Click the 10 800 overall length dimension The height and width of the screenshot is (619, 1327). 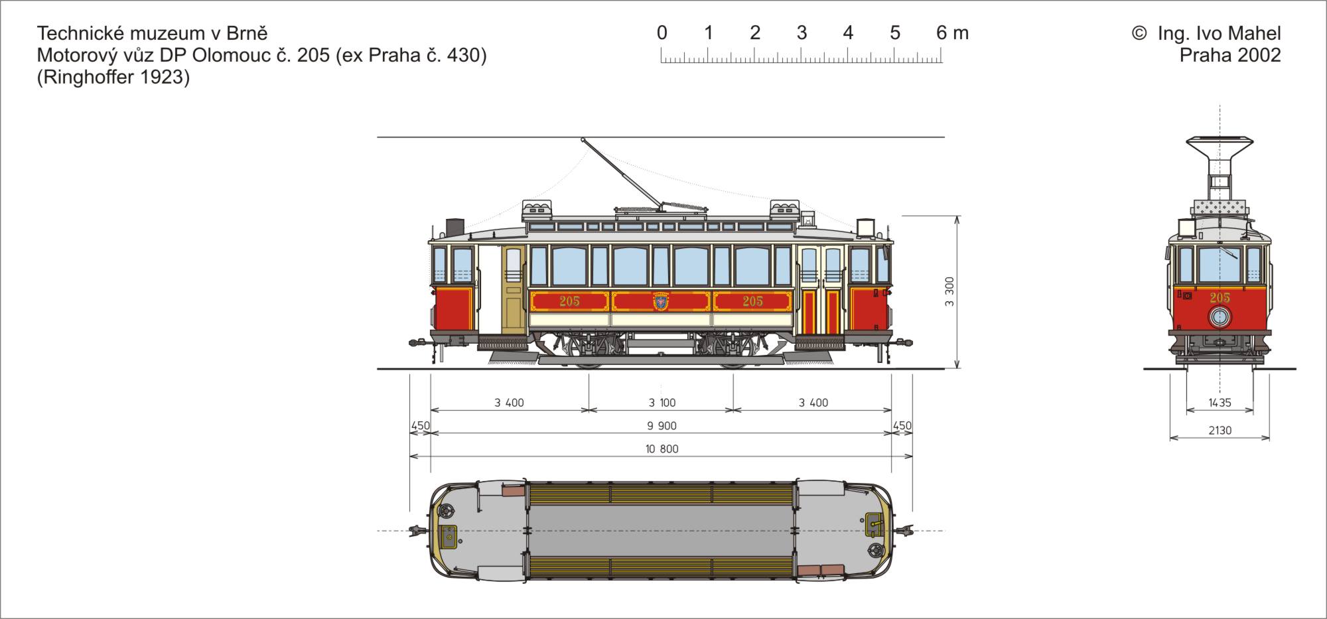point(662,449)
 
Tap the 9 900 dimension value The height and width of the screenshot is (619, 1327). point(662,426)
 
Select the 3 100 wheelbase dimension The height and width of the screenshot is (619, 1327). point(662,403)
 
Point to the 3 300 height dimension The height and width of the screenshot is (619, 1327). point(949,292)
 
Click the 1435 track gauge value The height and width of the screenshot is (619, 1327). point(1220,403)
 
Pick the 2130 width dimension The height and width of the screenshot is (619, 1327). point(1220,431)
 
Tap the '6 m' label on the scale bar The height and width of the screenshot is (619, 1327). point(953,33)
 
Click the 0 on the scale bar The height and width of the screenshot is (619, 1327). point(662,33)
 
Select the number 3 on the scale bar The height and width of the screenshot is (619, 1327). point(802,33)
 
